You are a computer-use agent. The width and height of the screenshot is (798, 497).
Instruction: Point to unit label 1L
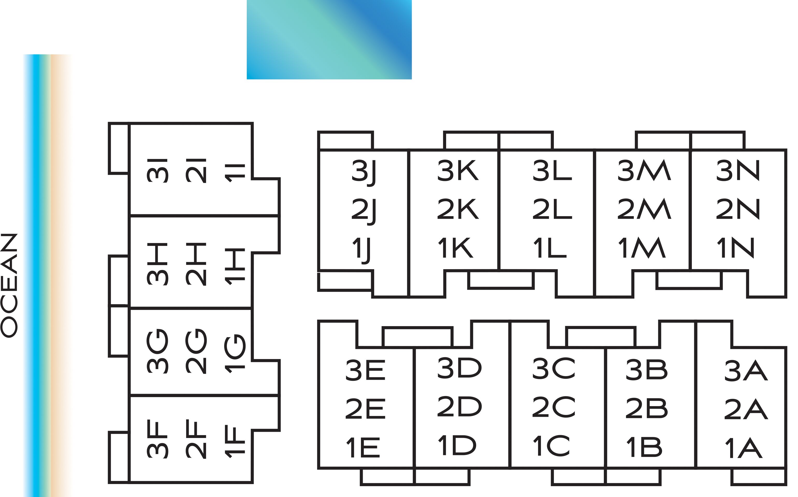[x=550, y=248]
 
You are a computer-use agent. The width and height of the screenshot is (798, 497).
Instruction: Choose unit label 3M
[x=644, y=170]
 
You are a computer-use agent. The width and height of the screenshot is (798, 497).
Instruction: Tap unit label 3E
[x=365, y=370]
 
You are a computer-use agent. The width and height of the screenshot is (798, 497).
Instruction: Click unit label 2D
[x=459, y=407]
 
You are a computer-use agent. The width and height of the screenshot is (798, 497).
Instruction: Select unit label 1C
[x=551, y=446]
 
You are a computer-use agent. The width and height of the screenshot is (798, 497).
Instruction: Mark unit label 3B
[x=647, y=370]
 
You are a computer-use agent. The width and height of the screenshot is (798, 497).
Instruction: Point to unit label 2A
[x=746, y=409]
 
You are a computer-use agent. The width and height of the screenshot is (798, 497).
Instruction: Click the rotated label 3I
[x=157, y=170]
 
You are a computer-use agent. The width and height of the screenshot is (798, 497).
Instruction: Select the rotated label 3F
[x=157, y=439]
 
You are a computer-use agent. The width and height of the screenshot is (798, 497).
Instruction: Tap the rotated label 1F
[x=235, y=441]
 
